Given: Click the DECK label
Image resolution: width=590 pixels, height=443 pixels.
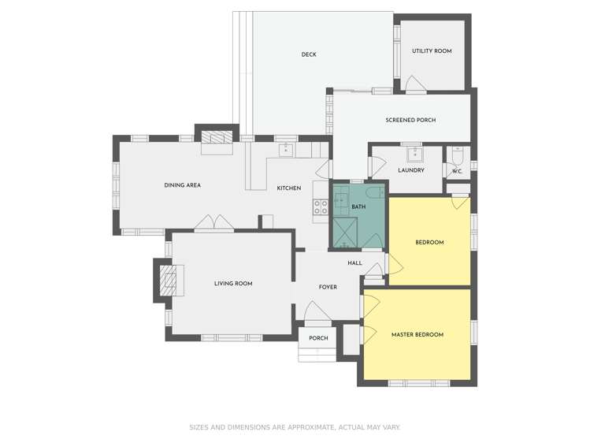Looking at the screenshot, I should tap(309, 54).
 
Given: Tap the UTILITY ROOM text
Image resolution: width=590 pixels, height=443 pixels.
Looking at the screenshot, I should tap(432, 51).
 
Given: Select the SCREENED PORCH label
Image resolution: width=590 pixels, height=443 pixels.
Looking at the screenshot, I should tap(410, 120).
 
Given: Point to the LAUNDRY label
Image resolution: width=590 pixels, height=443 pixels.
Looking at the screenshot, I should tap(411, 170).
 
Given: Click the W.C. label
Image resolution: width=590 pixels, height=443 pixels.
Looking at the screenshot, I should tap(457, 170).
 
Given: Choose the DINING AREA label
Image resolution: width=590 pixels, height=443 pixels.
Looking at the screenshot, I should tap(182, 185).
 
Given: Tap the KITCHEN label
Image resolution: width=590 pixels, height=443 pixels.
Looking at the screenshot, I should tap(289, 188).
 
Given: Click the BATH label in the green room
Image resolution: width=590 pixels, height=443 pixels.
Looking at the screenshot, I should tap(358, 207).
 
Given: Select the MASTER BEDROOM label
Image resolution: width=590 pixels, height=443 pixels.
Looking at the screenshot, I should tap(417, 335).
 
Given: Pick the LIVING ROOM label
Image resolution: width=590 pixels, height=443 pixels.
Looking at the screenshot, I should tap(233, 284).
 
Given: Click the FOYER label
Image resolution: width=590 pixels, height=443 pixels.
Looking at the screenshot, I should tap(328, 287).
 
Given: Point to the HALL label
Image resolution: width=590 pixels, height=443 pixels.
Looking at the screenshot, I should tap(354, 262).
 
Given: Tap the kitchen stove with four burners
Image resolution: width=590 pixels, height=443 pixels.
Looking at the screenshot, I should tap(321, 207).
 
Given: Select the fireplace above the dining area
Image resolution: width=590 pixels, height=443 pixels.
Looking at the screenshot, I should tap(217, 139).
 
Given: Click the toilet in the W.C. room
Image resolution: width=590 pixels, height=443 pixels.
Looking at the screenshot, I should tap(458, 155).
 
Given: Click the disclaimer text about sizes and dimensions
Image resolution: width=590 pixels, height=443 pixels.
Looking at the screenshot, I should tap(295, 427).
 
